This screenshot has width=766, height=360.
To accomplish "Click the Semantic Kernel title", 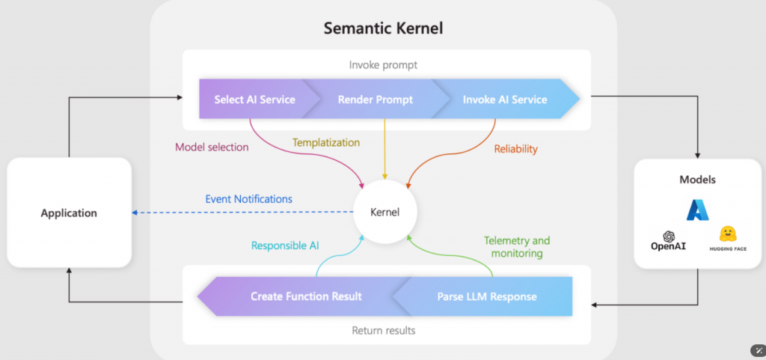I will (384, 28).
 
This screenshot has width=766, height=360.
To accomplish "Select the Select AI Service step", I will (254, 100).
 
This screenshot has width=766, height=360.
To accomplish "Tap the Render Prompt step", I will (375, 100).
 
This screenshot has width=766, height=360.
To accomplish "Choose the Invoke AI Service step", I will (504, 100).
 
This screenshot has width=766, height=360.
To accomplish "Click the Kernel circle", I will (385, 212).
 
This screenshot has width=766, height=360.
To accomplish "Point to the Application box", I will (69, 213).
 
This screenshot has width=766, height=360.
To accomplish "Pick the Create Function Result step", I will (306, 296).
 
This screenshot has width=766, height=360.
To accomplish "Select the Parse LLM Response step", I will (486, 296).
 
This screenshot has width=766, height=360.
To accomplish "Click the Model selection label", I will (212, 147).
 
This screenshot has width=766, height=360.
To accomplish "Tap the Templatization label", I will (326, 142).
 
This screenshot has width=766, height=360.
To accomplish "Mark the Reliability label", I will (515, 149).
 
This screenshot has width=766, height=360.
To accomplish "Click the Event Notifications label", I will (249, 199).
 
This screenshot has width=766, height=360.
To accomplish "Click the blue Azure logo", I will (697, 210).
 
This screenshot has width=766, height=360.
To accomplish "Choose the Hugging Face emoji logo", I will (728, 234).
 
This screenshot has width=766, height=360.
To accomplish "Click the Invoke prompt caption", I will (383, 65).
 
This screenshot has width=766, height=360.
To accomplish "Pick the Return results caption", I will (383, 330).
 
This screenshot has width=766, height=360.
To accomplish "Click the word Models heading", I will (698, 180).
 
